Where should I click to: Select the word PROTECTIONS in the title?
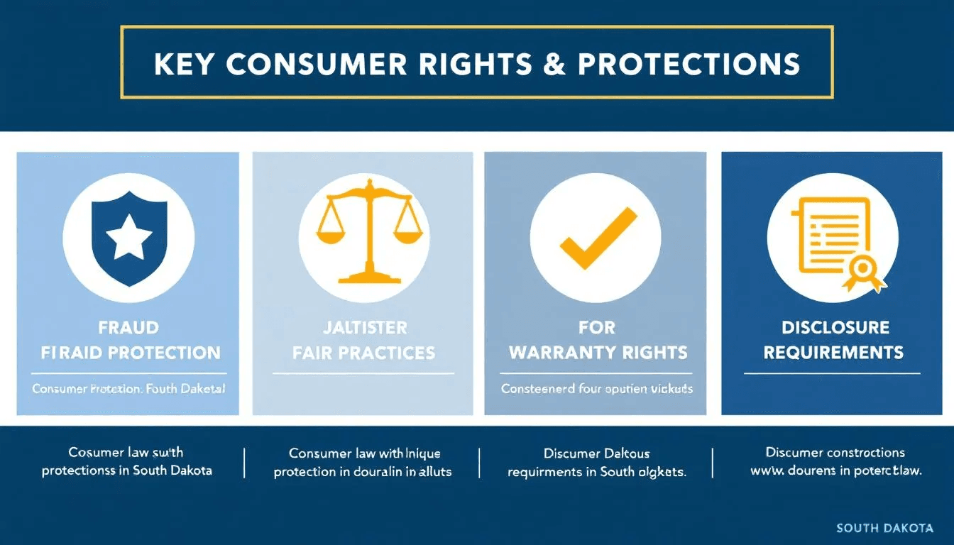pos(689,64)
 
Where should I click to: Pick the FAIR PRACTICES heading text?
pos(363,352)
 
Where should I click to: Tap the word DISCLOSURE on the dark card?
pos(835,328)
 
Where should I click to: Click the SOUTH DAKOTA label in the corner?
pos(884,528)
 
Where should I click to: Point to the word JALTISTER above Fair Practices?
pos(363,328)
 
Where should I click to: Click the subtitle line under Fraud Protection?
pos(129,389)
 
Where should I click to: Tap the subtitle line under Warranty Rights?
pos(596,389)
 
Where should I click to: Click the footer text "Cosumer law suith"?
pos(126,452)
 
